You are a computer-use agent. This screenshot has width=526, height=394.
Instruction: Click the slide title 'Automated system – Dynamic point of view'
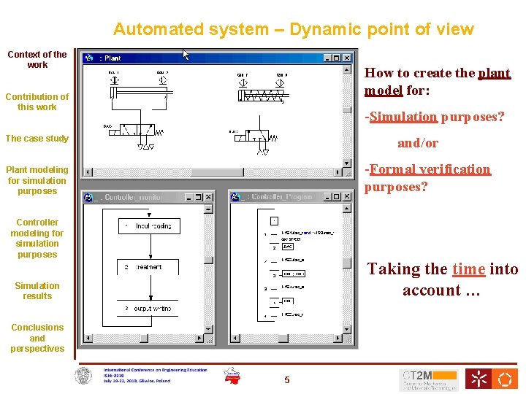[x=293, y=30]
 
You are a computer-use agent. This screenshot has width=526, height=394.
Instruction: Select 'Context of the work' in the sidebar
[x=37, y=59]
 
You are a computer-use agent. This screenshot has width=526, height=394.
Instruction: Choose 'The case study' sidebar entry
[x=37, y=139]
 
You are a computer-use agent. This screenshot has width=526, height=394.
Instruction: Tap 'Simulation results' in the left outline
[x=37, y=291]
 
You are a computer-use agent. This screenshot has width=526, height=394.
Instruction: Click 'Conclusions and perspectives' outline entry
[x=37, y=338]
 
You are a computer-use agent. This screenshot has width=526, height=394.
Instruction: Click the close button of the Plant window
[x=347, y=58]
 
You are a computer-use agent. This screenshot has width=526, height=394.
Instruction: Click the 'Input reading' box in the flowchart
[x=153, y=227]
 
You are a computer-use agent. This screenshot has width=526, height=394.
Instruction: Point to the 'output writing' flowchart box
[x=153, y=309]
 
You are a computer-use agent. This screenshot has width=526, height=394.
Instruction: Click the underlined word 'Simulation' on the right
[x=403, y=117]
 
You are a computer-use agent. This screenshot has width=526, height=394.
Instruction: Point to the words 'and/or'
[x=417, y=143]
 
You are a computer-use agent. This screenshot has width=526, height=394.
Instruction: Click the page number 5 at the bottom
[x=287, y=379]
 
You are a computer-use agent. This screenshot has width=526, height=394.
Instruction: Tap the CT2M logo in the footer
[x=428, y=379]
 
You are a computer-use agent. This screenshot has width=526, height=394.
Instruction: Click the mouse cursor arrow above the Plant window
[x=186, y=55]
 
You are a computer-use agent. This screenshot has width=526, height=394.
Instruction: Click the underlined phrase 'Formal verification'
[x=430, y=169]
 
